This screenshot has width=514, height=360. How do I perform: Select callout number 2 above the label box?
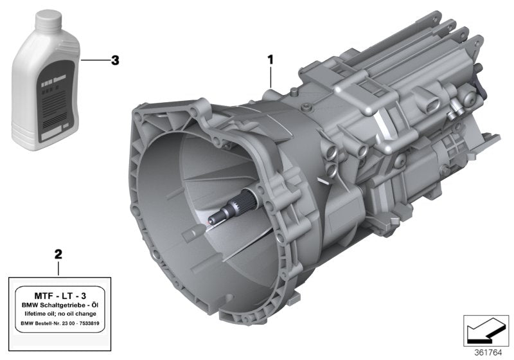(58, 254)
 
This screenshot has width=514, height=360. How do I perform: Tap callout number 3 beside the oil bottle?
(115, 61)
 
